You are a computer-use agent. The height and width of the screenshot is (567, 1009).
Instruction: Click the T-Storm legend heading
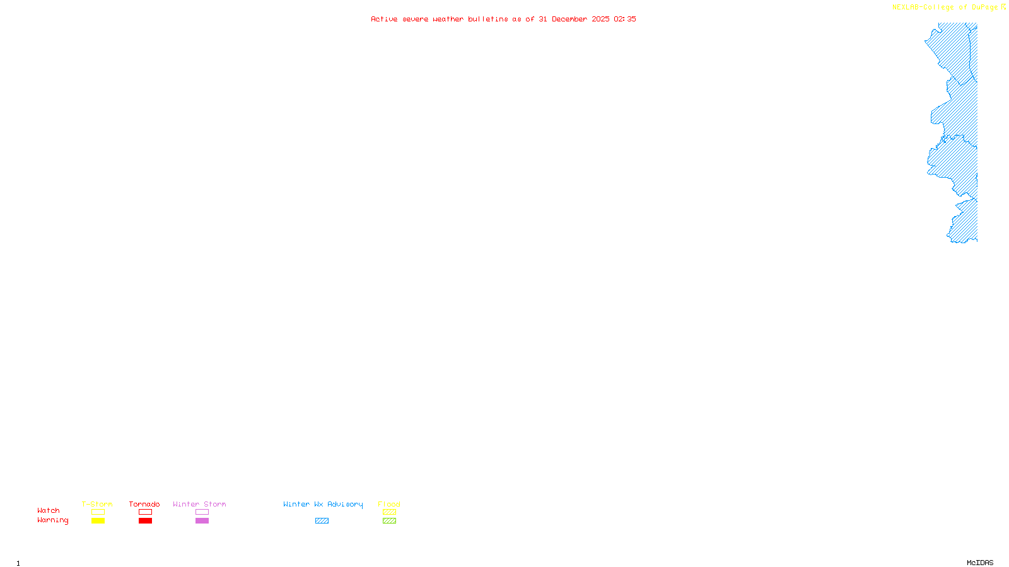click(x=97, y=504)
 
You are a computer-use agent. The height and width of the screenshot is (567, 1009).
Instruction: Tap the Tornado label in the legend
click(x=144, y=504)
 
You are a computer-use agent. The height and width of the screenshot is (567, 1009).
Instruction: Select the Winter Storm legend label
click(x=199, y=504)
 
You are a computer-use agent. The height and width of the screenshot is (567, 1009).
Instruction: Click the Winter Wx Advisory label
click(x=323, y=504)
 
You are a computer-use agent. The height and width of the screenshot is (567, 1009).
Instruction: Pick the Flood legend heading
click(x=389, y=504)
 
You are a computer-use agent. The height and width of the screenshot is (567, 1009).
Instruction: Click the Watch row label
click(x=49, y=510)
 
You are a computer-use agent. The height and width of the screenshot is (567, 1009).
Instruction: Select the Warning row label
click(x=53, y=520)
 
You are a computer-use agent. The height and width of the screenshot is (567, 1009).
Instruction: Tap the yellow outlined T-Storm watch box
click(x=98, y=512)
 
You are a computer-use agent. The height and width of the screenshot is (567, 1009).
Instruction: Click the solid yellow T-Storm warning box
click(x=98, y=521)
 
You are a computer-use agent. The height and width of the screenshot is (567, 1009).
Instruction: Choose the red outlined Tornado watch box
click(x=145, y=512)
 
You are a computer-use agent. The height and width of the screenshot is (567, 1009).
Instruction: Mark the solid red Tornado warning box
click(x=145, y=521)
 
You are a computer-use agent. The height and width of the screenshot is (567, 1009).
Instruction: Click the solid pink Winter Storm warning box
click(x=202, y=521)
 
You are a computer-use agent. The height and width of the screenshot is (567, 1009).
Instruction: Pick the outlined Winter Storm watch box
click(x=202, y=512)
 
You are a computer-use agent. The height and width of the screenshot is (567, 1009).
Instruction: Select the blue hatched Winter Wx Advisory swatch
click(x=322, y=521)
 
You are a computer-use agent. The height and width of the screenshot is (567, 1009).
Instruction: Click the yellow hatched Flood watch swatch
click(x=389, y=512)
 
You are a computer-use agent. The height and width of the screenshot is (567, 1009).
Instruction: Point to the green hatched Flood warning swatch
click(x=389, y=521)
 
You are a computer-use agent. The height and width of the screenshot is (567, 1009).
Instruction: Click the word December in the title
click(x=569, y=19)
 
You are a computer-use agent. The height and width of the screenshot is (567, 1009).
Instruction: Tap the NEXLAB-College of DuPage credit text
click(x=945, y=8)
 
